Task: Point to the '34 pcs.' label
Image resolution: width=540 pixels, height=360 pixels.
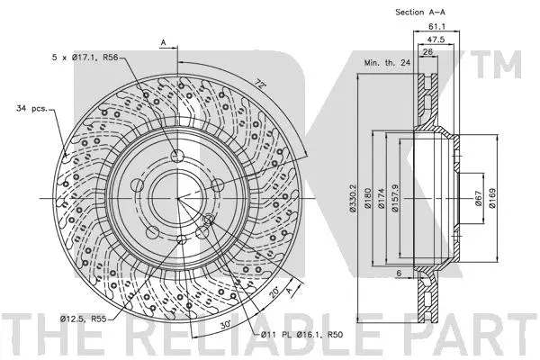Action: (x=32, y=110)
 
